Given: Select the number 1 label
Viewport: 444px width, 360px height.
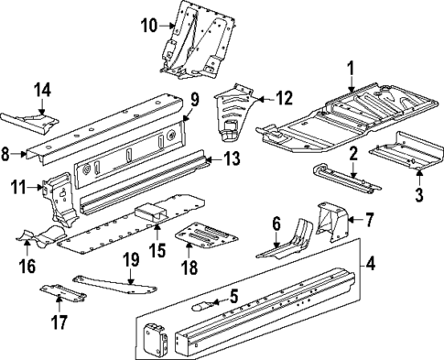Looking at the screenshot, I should [350, 66].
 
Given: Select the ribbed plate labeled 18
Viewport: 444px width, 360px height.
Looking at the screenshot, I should [206, 235].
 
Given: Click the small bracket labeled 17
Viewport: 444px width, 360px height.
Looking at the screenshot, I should [60, 294].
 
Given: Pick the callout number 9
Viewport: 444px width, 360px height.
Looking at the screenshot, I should [195, 101].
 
